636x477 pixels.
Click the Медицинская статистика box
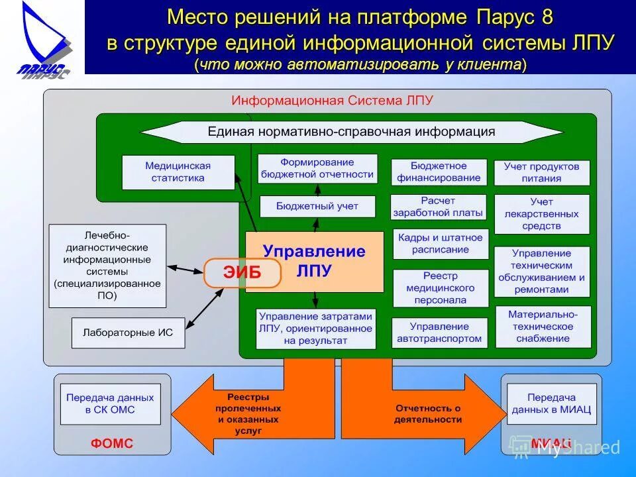coord(178,172)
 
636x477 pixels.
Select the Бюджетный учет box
coord(317,207)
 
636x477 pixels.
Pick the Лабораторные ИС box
coord(128,333)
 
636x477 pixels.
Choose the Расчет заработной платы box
coord(438,207)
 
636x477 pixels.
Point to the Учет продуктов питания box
coord(541,172)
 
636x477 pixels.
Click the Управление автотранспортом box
coord(439,333)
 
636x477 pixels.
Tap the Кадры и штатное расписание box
coord(440,244)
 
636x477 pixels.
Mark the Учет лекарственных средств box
coord(541,214)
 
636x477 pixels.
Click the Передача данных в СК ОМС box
coord(110,403)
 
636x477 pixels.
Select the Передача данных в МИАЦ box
coord(551,404)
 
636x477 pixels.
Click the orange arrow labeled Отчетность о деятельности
coord(424,414)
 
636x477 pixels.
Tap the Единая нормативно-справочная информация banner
coord(351,132)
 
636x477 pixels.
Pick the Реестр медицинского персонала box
coord(440,288)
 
